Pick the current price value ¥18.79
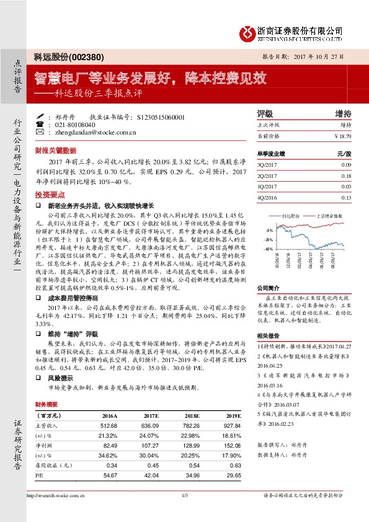click(x=342, y=135)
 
